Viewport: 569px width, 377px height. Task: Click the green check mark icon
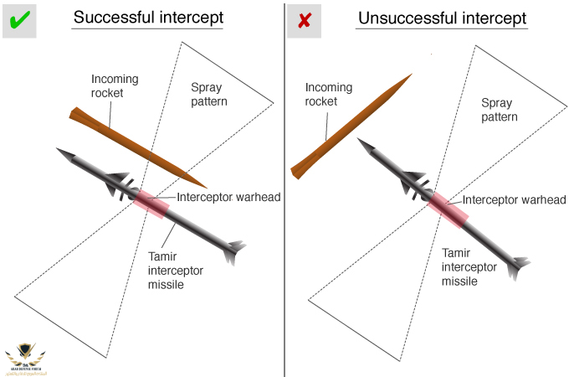click(x=18, y=18)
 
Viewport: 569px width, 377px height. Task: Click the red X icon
click(x=304, y=19)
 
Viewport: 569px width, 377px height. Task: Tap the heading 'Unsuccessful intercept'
click(x=443, y=18)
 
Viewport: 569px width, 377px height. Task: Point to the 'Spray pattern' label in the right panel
click(x=499, y=110)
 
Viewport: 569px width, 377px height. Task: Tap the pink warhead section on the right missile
click(x=448, y=209)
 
